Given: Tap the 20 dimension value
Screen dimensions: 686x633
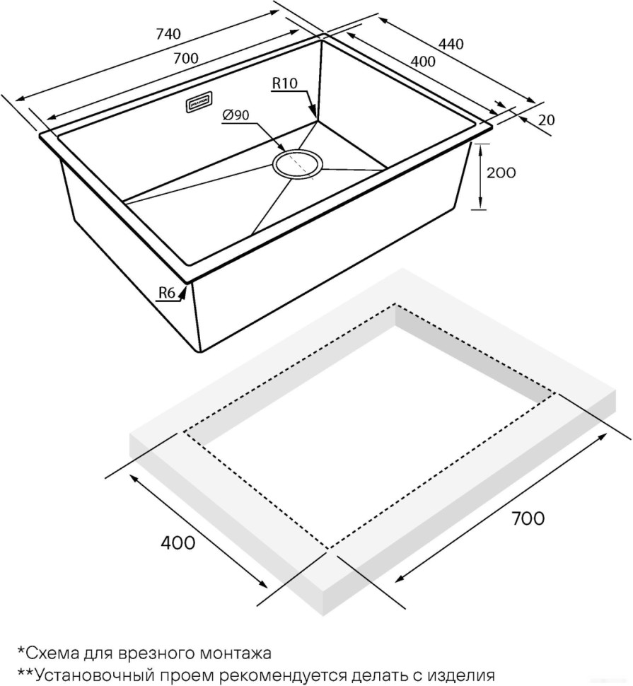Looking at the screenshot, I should (545, 120).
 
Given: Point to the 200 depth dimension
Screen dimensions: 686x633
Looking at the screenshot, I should (502, 172).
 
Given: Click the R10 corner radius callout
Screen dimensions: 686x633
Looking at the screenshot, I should (286, 83).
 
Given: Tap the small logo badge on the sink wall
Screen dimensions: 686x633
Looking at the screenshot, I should (199, 104).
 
